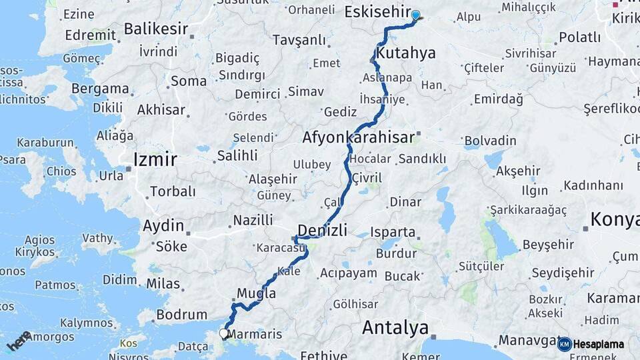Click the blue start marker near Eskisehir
415,15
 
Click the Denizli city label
322,231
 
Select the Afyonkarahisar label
359,137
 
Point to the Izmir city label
155,159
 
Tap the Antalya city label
395,328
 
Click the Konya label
614,219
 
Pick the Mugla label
257,293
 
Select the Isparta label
394,233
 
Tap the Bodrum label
181,314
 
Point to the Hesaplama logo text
599,344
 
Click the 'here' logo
19,341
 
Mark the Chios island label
61,171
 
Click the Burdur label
397,253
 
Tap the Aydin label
163,225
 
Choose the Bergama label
100,89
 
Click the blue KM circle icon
564,344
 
